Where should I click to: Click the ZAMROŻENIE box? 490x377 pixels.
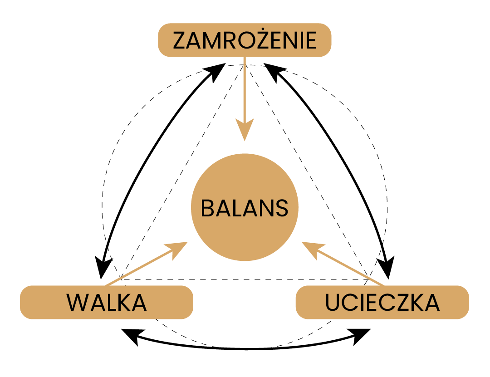(245, 40)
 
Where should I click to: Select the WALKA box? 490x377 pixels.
(107, 302)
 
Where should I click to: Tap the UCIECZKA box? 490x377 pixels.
(382, 302)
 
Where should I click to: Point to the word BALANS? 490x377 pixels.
(245, 208)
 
